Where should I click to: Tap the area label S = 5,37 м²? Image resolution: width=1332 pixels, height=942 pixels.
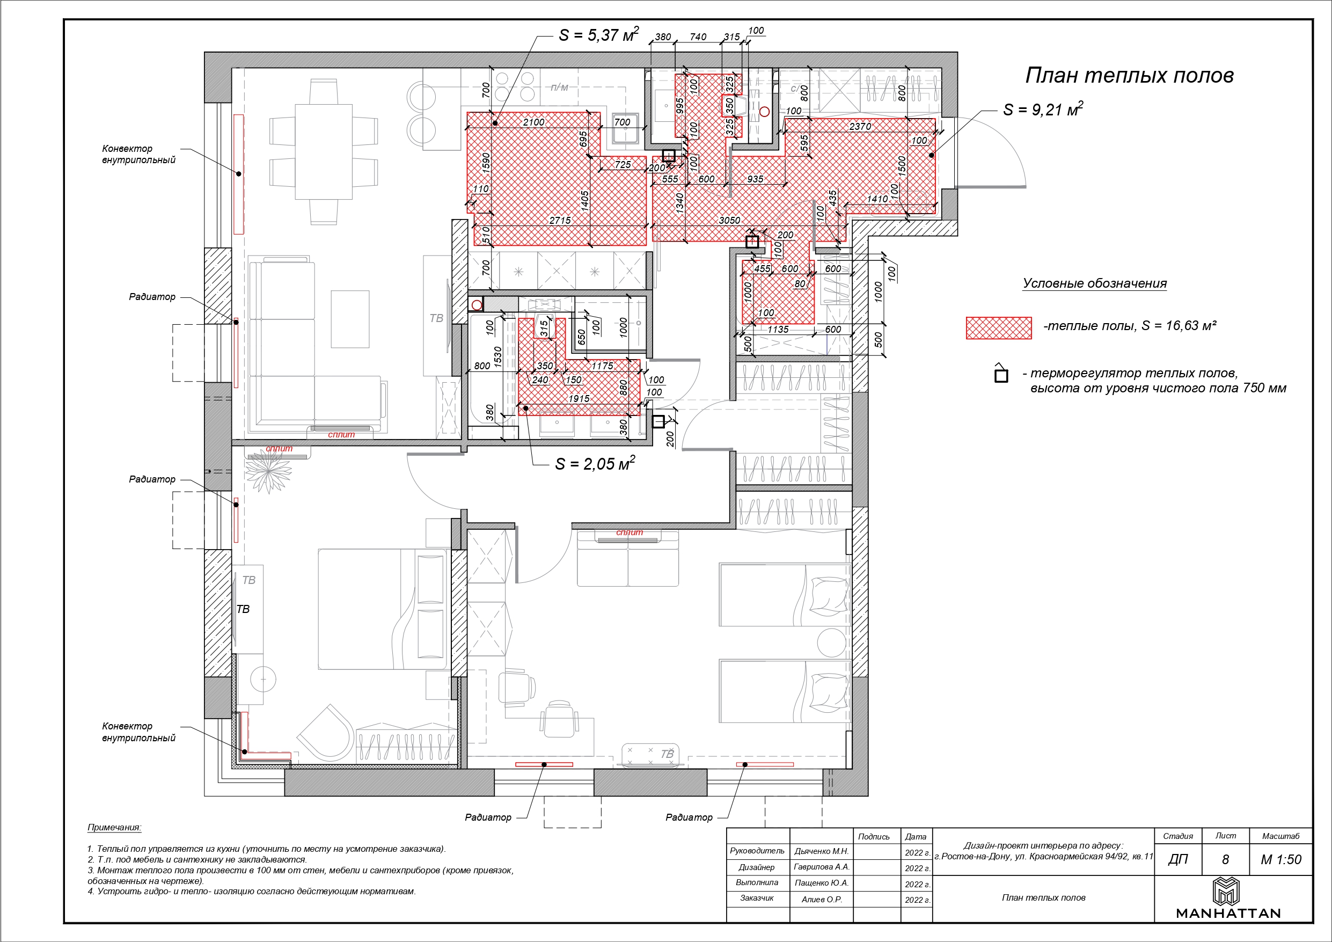click(599, 35)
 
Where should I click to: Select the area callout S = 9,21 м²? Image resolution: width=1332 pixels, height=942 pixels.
click(1043, 109)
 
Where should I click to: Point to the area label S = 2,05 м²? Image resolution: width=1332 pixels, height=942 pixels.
click(595, 463)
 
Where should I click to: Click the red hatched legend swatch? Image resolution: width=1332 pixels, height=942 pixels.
click(998, 327)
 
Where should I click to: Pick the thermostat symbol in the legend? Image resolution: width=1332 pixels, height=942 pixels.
click(1001, 374)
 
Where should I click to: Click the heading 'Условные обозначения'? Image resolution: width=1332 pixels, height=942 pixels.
click(1094, 283)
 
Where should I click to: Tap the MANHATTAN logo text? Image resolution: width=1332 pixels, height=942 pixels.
click(1227, 913)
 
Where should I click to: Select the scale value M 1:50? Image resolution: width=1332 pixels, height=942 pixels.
click(1281, 859)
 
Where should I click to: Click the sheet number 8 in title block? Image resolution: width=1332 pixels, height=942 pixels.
click(1225, 859)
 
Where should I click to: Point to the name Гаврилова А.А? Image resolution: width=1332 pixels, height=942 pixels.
click(821, 867)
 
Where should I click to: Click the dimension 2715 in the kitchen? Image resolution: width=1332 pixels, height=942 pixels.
click(560, 221)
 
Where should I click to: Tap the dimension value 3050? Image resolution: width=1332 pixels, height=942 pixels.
click(729, 221)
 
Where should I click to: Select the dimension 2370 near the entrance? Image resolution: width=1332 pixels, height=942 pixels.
click(860, 127)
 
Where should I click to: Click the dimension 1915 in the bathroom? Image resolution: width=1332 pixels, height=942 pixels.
click(579, 399)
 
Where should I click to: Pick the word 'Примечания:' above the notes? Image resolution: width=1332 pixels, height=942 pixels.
click(114, 828)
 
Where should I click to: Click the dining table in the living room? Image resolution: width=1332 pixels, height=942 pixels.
click(324, 151)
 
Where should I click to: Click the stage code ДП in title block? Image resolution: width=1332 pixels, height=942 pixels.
click(1177, 859)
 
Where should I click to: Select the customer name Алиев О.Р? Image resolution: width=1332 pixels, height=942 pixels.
click(821, 900)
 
